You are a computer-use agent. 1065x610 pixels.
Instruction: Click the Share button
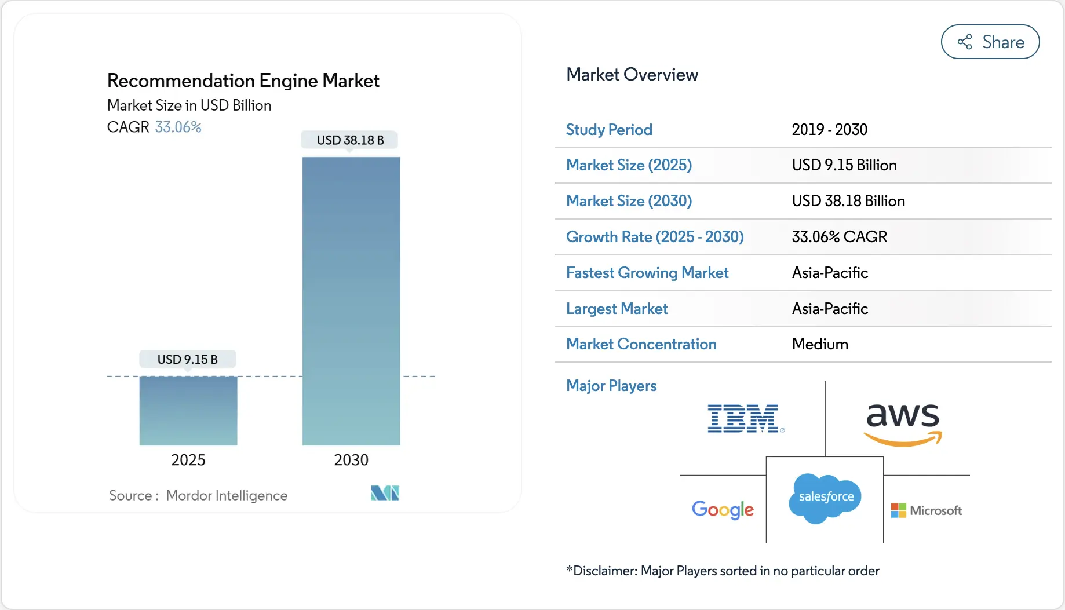pos(990,42)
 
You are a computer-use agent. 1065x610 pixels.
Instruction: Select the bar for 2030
pos(351,301)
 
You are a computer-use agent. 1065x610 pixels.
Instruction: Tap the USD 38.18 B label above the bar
pos(350,140)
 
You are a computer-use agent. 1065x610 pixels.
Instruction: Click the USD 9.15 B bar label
pos(188,359)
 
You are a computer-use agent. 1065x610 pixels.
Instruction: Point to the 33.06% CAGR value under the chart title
pos(178,127)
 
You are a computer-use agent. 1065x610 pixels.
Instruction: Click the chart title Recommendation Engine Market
pos(243,81)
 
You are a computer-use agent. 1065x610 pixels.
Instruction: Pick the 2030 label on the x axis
pos(351,460)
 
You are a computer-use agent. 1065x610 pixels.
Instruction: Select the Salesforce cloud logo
pos(825,498)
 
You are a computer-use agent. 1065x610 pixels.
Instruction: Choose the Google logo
pos(723,510)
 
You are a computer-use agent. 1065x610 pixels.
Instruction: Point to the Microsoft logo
pos(926,510)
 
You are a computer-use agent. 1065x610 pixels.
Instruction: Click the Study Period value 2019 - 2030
pos(829,130)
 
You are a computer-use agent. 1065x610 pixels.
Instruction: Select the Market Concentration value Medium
pos(820,344)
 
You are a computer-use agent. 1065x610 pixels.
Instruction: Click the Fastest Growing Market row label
pos(647,273)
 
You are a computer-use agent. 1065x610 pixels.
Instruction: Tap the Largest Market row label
pos(617,309)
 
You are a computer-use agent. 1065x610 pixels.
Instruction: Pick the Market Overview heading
pos(632,75)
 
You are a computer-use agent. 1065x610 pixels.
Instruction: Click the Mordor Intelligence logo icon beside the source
pos(385,493)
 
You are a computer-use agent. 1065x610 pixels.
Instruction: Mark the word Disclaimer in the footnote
pos(604,571)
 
